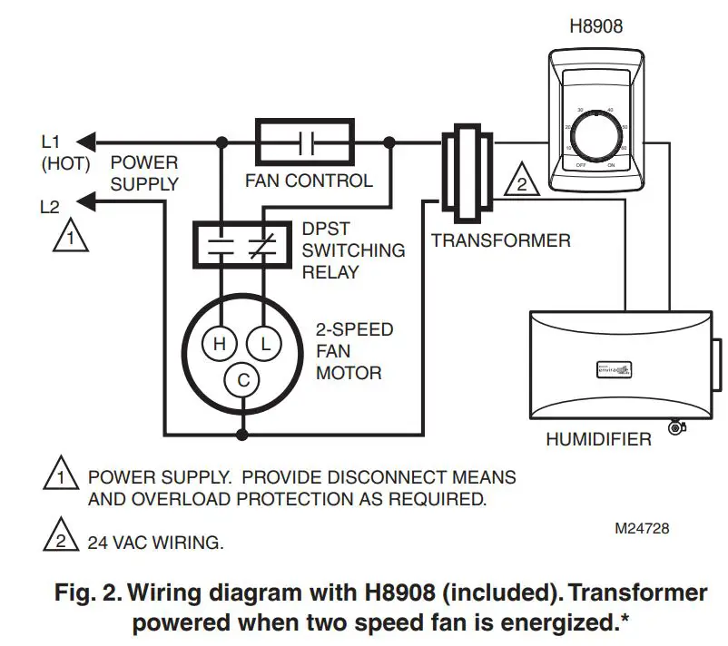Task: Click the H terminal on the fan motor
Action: coord(219,344)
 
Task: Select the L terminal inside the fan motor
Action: coord(265,344)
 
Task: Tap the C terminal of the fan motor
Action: coord(242,381)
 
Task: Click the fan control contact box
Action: coord(305,142)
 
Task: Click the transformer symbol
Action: coord(466,169)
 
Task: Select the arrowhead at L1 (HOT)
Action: coord(84,142)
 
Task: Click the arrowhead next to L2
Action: coord(84,199)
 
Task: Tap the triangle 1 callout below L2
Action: coord(65,238)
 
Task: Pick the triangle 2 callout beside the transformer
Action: coord(521,181)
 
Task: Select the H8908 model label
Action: coord(595,26)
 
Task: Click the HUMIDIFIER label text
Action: coord(598,440)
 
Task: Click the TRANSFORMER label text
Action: coord(501,241)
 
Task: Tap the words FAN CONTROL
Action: coord(309,181)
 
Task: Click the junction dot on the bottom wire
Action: coord(242,435)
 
